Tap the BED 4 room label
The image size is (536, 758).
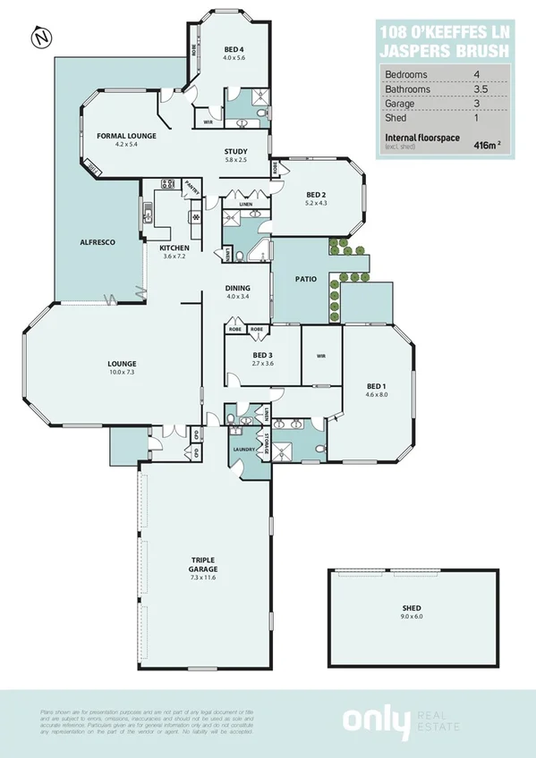(x=234, y=50)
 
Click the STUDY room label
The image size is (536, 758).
(x=235, y=152)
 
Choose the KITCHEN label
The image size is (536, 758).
(x=174, y=248)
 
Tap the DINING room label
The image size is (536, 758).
(x=237, y=288)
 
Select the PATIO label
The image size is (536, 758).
(x=306, y=279)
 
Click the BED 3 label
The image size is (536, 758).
(x=237, y=356)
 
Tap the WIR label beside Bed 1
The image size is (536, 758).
(x=321, y=356)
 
